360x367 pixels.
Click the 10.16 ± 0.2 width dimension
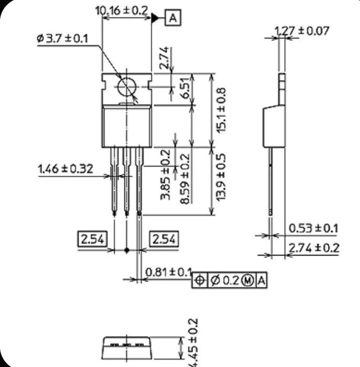122,10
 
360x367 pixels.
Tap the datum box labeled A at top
173,18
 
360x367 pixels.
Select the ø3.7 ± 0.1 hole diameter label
63,38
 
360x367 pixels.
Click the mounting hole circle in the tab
127,87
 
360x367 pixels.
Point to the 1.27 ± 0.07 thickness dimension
302,30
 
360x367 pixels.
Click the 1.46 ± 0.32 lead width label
66,169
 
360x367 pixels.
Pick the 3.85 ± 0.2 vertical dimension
166,174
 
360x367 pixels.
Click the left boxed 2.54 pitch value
93,239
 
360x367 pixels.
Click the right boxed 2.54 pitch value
164,239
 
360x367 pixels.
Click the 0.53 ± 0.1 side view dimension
313,228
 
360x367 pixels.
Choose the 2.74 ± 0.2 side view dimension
313,248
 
